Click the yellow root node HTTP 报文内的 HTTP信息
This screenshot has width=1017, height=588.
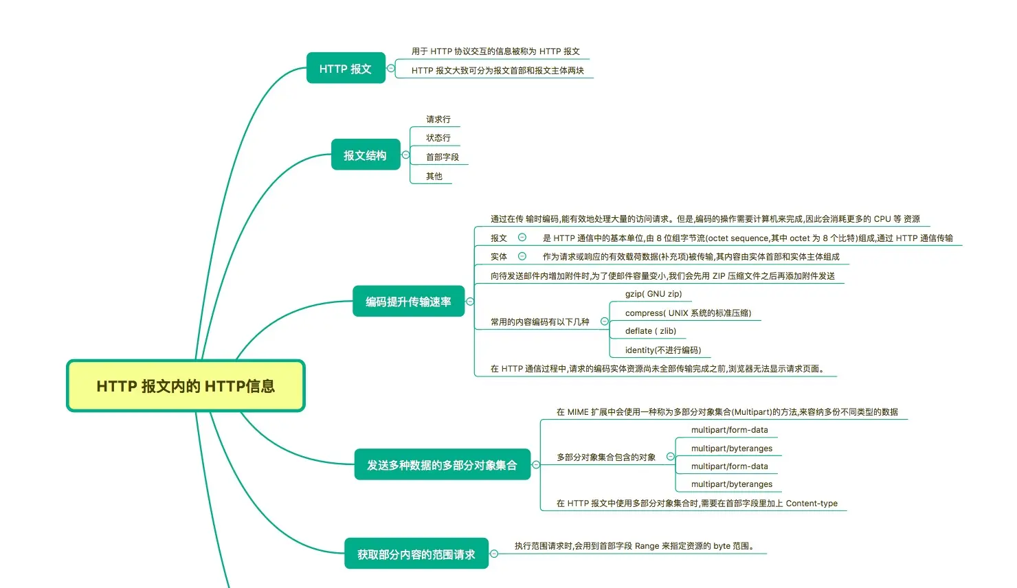186,385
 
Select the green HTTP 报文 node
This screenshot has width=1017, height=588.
346,68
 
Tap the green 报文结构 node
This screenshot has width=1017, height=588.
366,155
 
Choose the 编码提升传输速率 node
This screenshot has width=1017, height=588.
408,302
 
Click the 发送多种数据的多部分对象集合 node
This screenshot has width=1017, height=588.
443,464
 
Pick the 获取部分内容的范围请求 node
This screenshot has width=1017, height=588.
416,554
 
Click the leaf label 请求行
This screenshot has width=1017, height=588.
438,120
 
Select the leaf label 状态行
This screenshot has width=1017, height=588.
438,138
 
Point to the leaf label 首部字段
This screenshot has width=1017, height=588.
443,157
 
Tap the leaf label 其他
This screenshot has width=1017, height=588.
434,176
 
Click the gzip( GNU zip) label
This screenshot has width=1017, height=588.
653,294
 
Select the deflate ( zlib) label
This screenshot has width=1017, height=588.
651,331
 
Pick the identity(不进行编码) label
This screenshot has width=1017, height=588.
663,350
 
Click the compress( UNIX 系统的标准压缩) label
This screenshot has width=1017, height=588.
688,313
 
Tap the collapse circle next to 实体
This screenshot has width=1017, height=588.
522,256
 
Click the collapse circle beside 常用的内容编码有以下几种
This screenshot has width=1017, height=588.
604,321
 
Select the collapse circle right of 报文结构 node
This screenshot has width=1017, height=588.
405,155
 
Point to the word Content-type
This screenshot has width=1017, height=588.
812,503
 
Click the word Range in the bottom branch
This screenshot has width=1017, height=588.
647,546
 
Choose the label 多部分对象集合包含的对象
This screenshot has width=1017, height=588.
606,457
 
